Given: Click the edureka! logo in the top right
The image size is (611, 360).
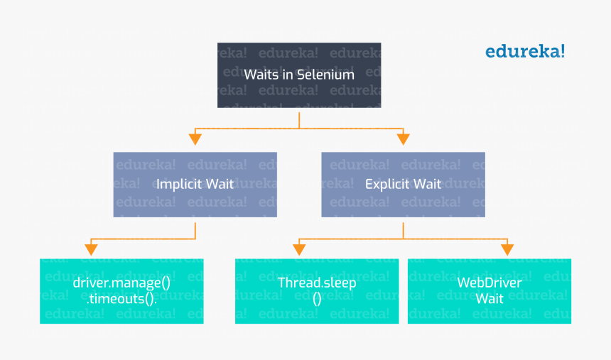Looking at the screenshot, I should [x=525, y=51].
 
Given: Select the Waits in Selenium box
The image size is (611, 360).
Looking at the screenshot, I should [x=299, y=75].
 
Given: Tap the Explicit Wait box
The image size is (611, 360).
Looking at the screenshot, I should [x=403, y=184].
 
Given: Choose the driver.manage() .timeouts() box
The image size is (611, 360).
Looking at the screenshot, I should [x=121, y=290].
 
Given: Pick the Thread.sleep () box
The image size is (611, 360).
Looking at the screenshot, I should [x=317, y=290].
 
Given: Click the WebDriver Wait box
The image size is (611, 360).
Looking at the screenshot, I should [x=489, y=290].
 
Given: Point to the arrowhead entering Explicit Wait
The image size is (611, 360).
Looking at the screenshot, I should [x=403, y=138].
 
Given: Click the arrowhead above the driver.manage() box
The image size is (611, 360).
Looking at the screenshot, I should [x=91, y=249].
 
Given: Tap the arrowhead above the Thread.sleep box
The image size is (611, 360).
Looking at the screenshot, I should [x=299, y=249].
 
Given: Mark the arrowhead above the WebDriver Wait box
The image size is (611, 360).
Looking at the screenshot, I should [x=507, y=249].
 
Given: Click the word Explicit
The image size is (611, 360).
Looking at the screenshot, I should [x=386, y=184].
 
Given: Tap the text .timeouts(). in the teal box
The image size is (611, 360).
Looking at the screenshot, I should [x=121, y=299].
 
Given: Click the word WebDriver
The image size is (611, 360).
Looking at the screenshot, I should [x=489, y=283].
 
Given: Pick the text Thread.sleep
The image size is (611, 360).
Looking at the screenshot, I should [x=317, y=283].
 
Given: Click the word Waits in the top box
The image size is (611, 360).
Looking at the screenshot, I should [x=259, y=75].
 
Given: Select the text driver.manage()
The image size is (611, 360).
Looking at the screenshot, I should [x=121, y=283].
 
